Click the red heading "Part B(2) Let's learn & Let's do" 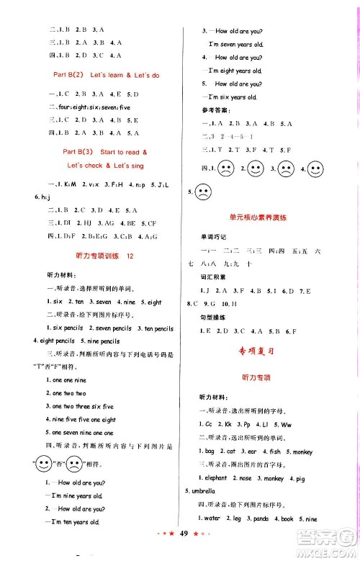coord(107,75)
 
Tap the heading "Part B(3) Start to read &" coord(105,152)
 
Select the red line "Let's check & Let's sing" coord(105,166)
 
